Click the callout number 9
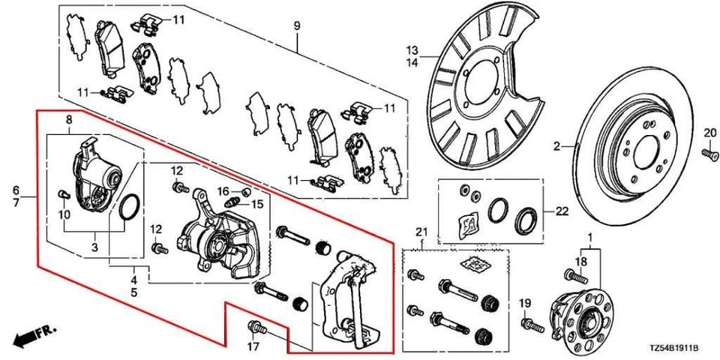tap(296, 26)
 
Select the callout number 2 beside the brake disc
tap(557, 147)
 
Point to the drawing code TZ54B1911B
tap(673, 349)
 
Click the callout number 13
tap(412, 50)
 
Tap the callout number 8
tap(68, 120)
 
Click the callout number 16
tap(223, 190)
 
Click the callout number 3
tap(94, 247)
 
